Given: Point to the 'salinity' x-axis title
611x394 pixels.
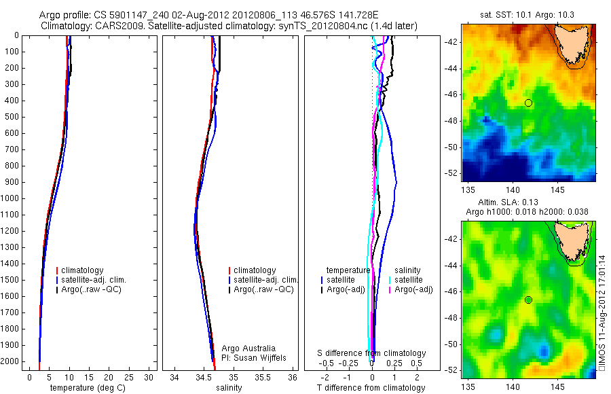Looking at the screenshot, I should pos(228,387).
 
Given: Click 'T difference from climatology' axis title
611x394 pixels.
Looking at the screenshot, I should pos(371,388).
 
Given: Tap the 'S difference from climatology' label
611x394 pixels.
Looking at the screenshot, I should pos(372,353).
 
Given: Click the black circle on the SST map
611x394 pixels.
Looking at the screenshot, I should pos(528,103).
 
